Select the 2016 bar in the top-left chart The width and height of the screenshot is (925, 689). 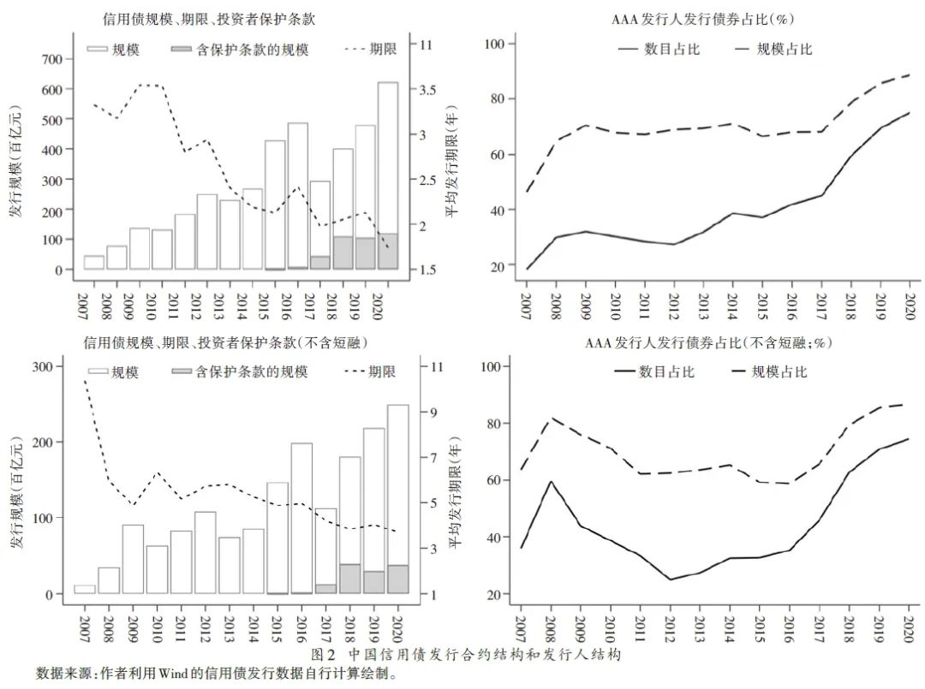pos(298,196)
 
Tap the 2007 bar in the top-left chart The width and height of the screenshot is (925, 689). pos(94,262)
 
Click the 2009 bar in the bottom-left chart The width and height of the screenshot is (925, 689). pos(133,559)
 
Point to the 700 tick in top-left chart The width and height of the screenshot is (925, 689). pos(53,59)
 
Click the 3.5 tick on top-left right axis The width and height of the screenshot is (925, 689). pos(427,90)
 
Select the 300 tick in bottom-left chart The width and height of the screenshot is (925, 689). pos(53,366)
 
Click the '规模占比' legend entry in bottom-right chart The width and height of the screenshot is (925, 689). pos(779,371)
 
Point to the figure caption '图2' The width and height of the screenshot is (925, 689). pos(330,655)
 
